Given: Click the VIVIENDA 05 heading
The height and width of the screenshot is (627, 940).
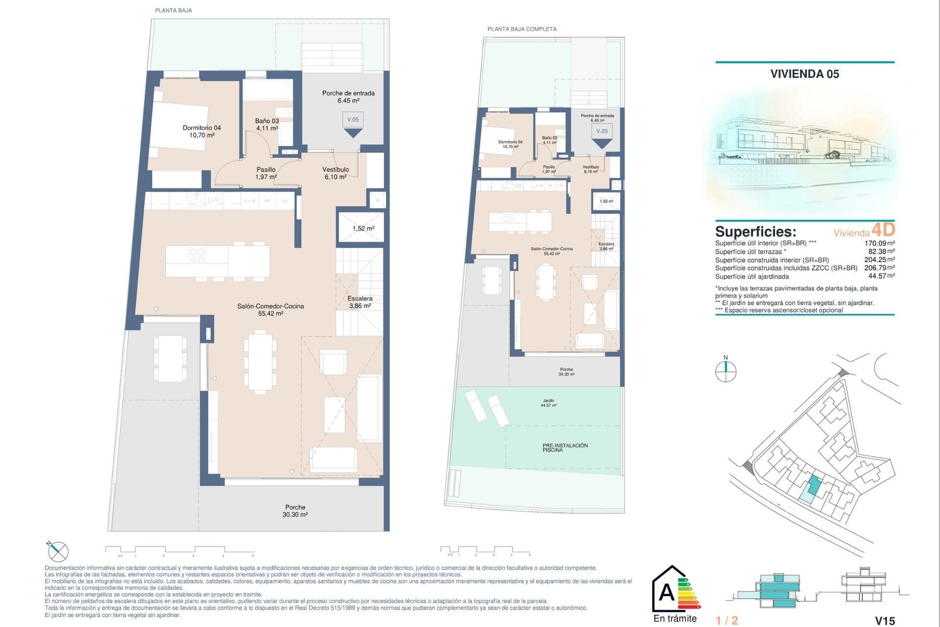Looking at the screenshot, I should (804, 74).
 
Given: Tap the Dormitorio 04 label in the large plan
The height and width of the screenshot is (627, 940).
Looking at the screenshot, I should (202, 131).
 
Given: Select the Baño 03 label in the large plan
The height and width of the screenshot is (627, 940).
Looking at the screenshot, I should (267, 124).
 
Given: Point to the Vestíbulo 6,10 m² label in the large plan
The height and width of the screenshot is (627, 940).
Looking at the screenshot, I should (335, 173).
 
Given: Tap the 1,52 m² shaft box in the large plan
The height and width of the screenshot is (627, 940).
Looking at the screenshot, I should (363, 228).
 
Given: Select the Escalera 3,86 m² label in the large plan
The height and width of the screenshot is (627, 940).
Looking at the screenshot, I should (360, 302).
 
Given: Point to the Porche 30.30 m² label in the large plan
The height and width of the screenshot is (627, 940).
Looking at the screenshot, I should (295, 511).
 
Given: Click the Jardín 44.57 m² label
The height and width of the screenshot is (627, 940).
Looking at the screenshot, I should (548, 403).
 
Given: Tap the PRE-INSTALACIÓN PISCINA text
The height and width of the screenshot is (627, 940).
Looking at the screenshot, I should (564, 447).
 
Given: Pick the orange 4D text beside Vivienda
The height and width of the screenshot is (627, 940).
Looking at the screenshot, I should (883, 229).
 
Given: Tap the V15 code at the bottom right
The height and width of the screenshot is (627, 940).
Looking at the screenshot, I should (885, 621).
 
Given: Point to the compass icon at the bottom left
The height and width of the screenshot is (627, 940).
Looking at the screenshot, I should (58, 552).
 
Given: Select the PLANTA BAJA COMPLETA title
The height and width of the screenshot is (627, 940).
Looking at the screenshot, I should (522, 29).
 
